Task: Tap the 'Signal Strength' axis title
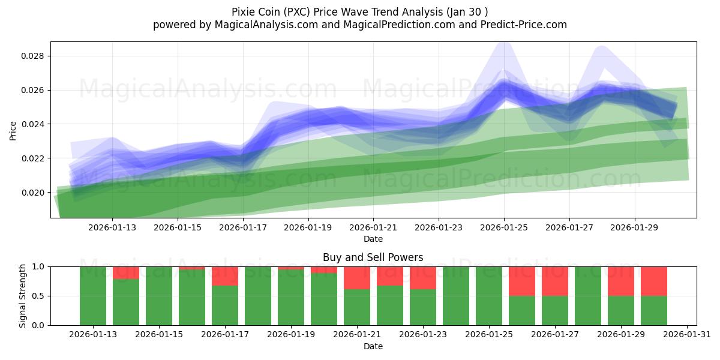point(22,296)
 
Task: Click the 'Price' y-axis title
point(13,130)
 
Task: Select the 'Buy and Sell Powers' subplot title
point(373,257)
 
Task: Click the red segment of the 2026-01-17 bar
point(225,276)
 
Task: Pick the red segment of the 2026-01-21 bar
point(357,278)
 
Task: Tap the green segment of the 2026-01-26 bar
point(522,310)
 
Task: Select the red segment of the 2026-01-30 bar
point(654,281)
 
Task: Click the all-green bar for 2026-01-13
point(93,296)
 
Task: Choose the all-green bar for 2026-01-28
point(588,296)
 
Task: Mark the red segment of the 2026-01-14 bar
point(126,272)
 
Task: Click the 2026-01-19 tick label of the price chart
point(308,227)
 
